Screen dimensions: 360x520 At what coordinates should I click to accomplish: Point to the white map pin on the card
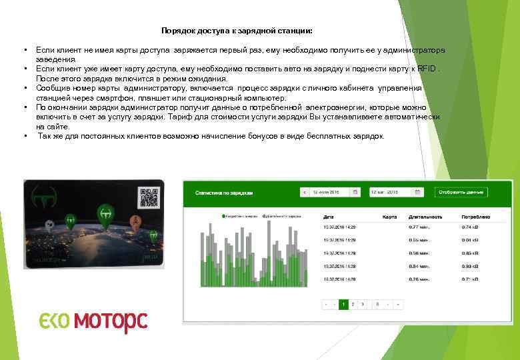pyautogui.click(x=49, y=225)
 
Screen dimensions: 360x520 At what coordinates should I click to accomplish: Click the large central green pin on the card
pyautogui.click(x=105, y=214)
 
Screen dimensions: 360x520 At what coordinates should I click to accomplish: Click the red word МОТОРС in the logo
pyautogui.click(x=110, y=322)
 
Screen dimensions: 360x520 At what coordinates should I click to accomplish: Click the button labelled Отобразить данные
pyautogui.click(x=461, y=192)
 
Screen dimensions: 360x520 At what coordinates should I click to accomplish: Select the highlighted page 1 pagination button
pyautogui.click(x=343, y=304)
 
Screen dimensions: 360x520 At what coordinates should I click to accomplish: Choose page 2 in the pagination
pyautogui.click(x=353, y=304)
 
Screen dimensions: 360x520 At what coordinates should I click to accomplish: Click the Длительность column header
pyautogui.click(x=425, y=217)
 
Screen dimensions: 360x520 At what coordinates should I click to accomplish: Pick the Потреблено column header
pyautogui.click(x=475, y=217)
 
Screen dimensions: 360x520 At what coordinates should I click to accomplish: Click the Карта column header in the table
pyautogui.click(x=389, y=217)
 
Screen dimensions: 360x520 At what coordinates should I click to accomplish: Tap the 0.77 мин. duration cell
pyautogui.click(x=418, y=227)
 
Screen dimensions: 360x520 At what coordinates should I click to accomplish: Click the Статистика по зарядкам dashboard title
pyautogui.click(x=224, y=193)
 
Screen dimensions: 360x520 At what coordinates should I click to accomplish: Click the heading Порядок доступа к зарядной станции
pyautogui.click(x=237, y=31)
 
